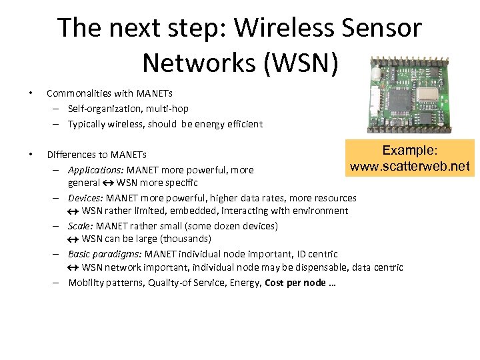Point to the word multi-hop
click(167, 108)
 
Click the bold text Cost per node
click(295, 282)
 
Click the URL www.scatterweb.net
click(410, 165)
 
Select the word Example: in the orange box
click(410, 151)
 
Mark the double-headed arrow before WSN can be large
click(73, 239)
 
